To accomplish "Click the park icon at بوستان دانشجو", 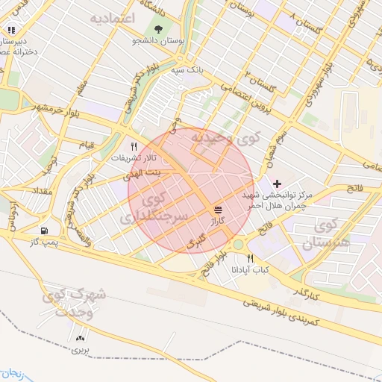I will tap(158, 29).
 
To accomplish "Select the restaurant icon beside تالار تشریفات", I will tap(134, 146).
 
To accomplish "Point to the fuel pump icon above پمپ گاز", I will tap(46, 231).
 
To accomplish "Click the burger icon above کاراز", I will tap(218, 210).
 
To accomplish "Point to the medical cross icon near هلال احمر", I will tap(278, 183).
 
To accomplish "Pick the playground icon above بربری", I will tap(80, 338).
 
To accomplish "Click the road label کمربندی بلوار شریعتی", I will tap(284, 315).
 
